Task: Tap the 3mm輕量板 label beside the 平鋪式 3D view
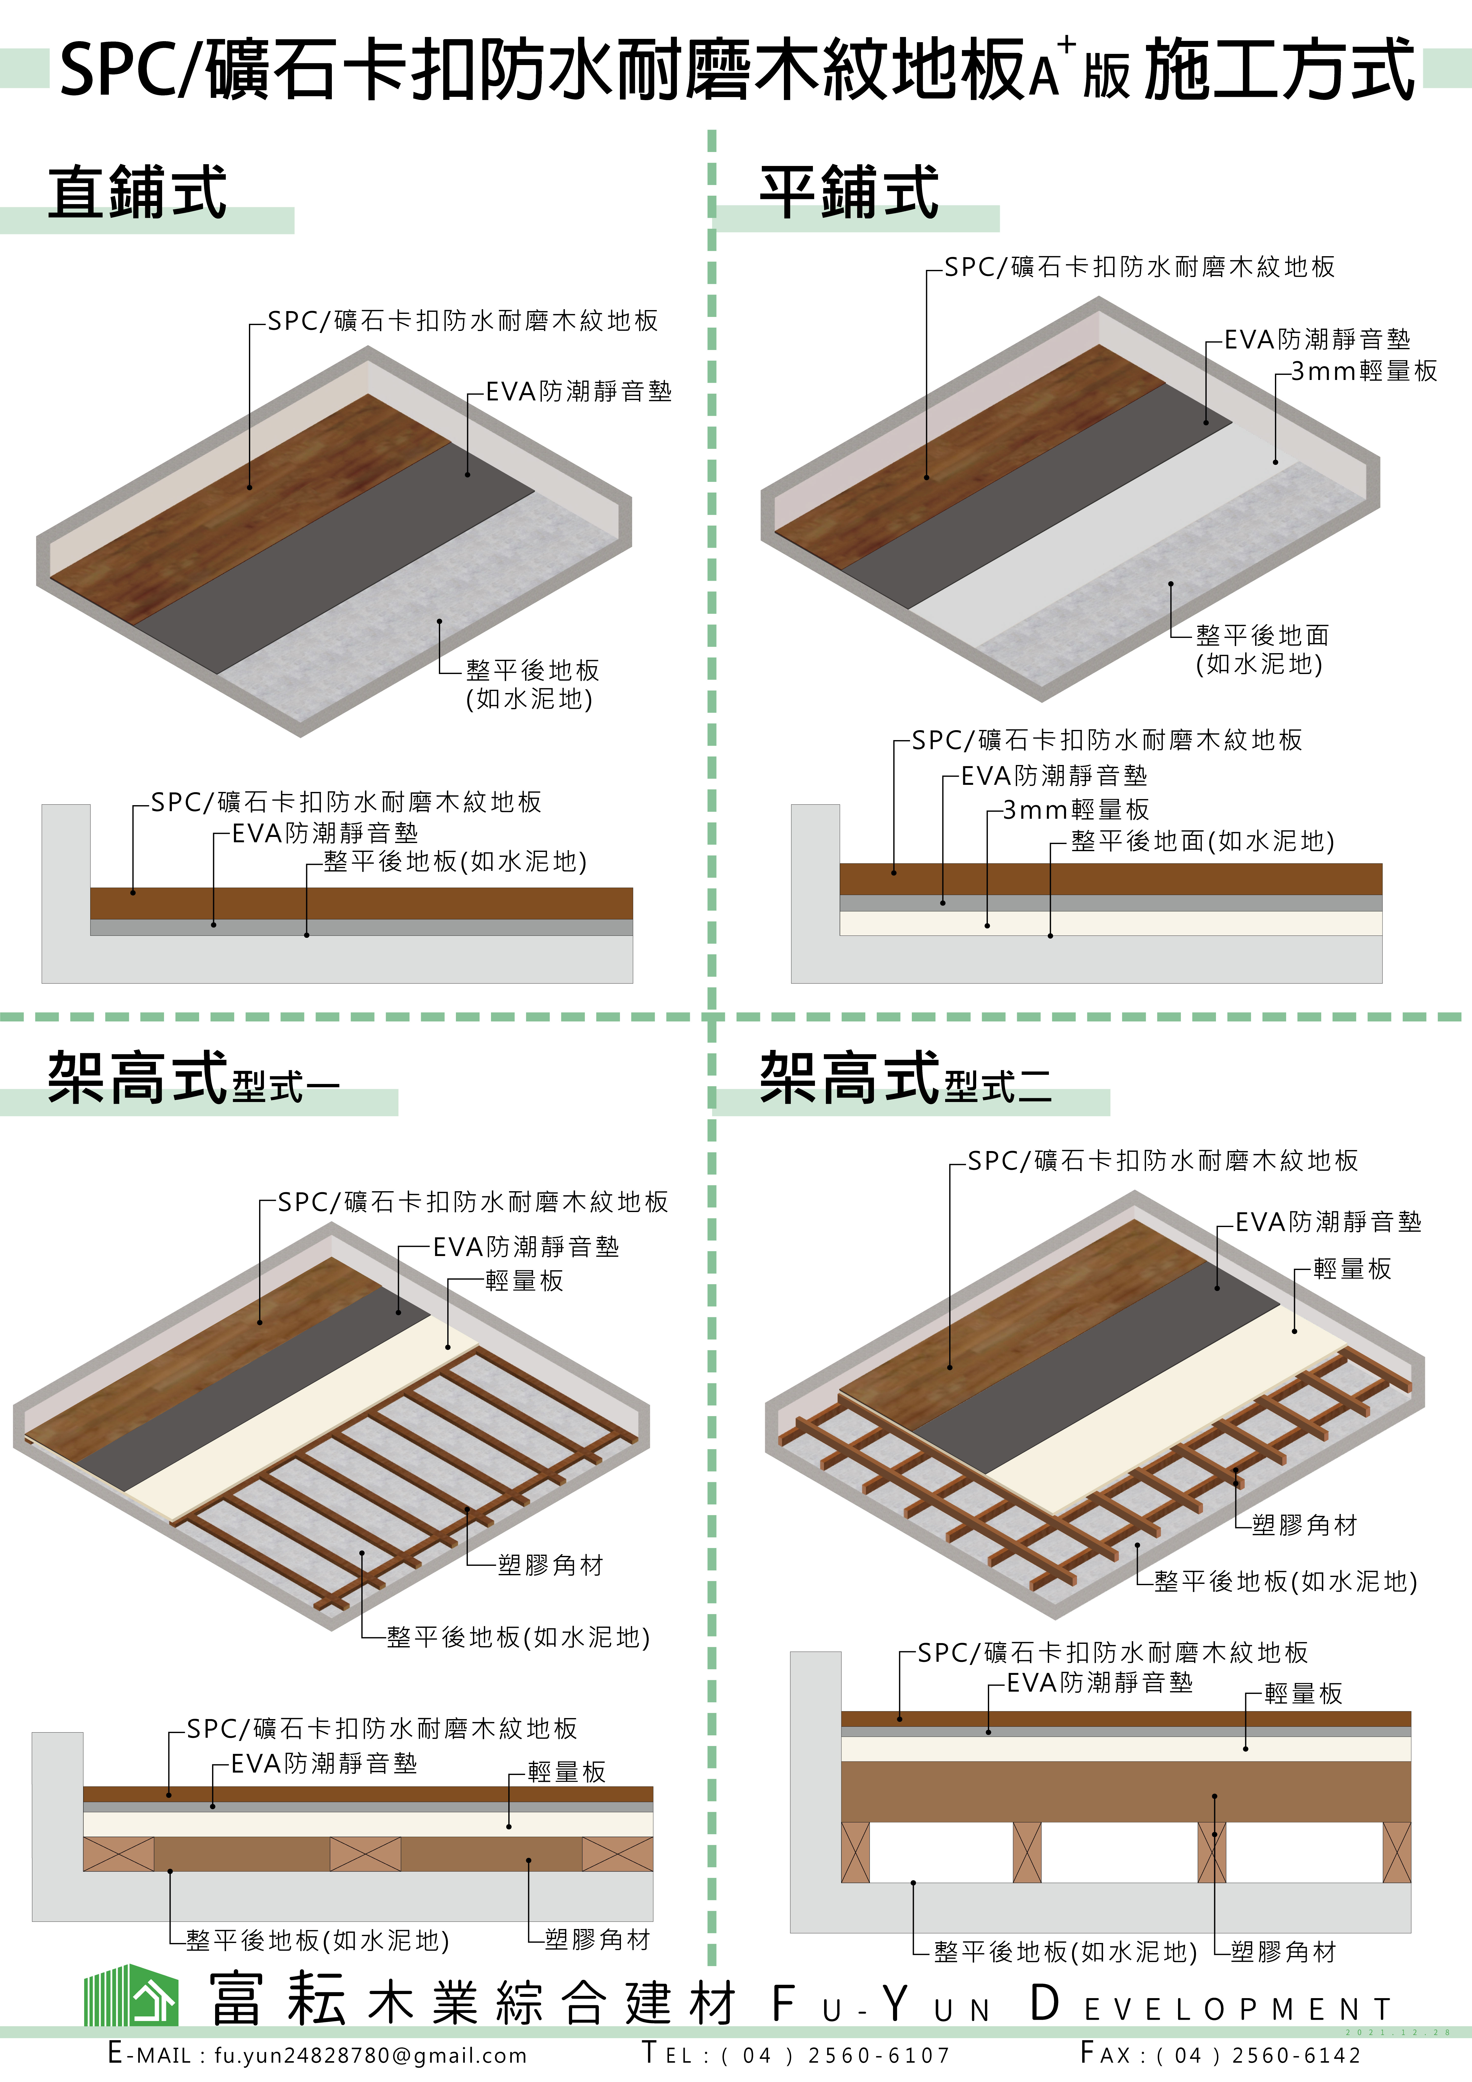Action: pyautogui.click(x=1364, y=371)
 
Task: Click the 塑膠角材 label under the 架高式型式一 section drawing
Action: pyautogui.click(x=598, y=1940)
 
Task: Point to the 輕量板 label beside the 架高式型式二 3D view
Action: pyautogui.click(x=1352, y=1269)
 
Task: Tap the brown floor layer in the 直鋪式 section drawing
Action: pyautogui.click(x=361, y=903)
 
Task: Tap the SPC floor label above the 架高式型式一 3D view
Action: pyautogui.click(x=472, y=1202)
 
